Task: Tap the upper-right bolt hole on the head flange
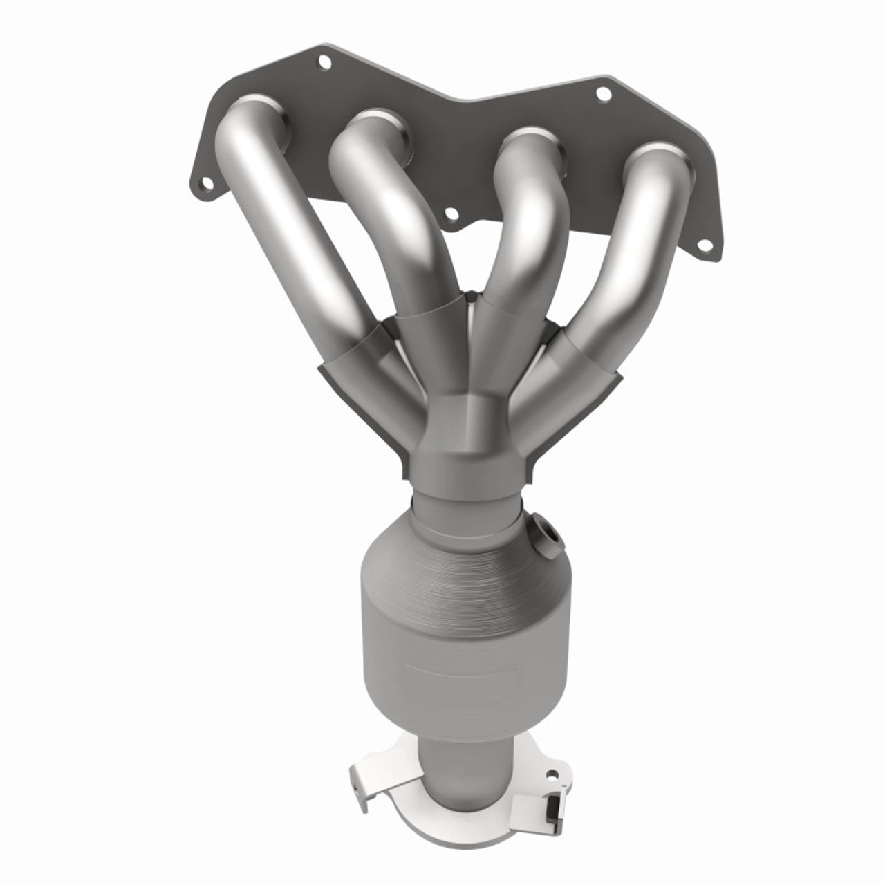[603, 92]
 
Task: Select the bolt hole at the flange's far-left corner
[205, 185]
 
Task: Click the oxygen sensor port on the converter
[547, 533]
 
